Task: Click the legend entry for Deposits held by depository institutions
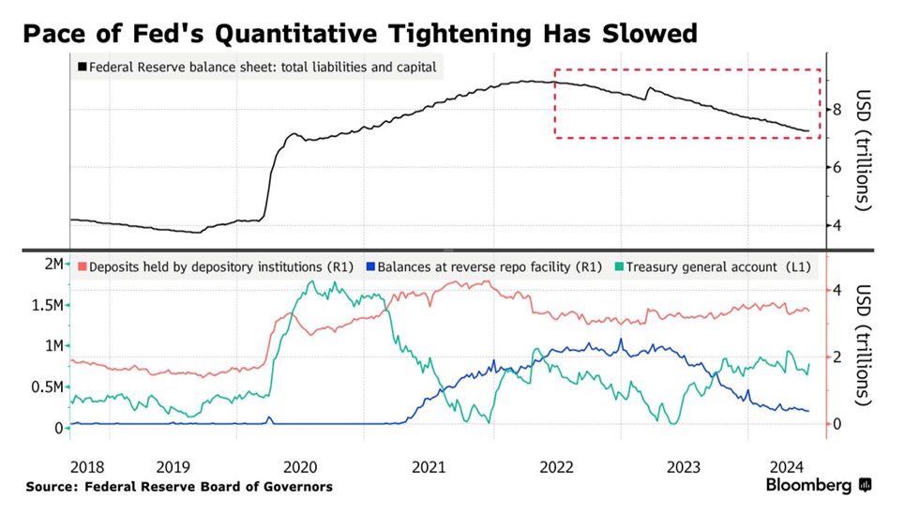(215, 267)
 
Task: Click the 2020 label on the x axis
(300, 466)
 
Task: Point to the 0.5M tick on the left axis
(46, 387)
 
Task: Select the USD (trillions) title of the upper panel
(865, 150)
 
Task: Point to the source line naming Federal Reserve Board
(178, 486)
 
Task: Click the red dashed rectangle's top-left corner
(555, 69)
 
